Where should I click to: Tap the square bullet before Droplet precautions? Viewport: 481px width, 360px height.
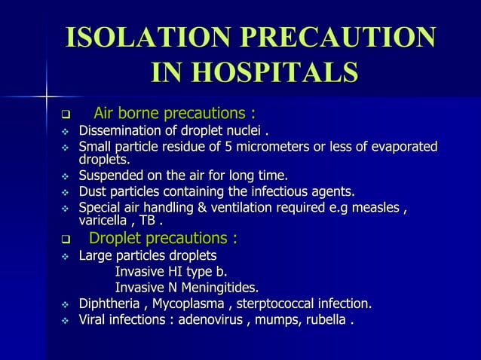tap(66, 241)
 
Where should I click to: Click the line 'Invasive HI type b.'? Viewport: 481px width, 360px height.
tap(170, 272)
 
